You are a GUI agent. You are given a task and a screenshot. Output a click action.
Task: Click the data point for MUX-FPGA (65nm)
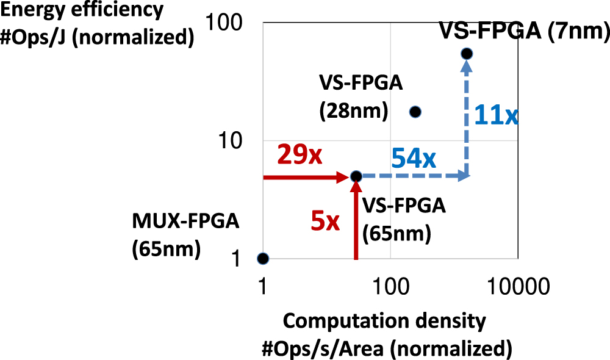(262, 258)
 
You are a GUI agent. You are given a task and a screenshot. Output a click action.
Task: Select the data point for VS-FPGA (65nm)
(357, 176)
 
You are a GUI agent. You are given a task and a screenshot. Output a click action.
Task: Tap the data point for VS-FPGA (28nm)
(415, 112)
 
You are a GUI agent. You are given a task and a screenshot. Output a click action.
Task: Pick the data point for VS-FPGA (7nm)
(467, 54)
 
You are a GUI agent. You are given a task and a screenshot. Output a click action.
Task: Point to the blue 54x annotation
(414, 159)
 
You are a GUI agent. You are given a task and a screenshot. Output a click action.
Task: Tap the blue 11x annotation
(496, 114)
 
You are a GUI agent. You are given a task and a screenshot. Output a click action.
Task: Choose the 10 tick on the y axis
(235, 141)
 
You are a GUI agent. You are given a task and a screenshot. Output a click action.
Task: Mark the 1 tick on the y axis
(242, 259)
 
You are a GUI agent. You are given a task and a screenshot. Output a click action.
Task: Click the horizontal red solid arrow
(305, 177)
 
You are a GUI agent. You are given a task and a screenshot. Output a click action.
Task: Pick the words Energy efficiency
(82, 10)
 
